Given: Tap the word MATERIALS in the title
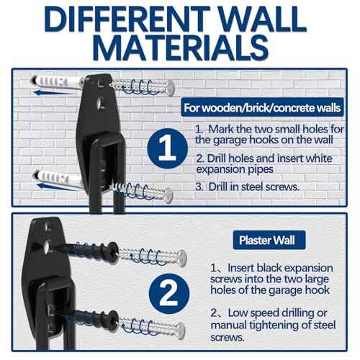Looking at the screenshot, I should coord(180,48).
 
